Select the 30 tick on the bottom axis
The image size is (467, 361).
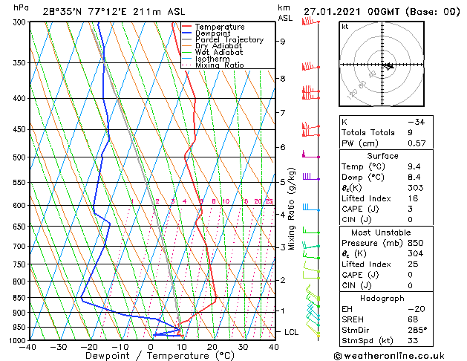point(243,347)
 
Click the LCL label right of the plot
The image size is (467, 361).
point(291,332)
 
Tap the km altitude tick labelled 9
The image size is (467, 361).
point(282,42)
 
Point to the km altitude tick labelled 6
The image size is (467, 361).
point(282,147)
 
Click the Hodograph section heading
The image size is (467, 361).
point(382,298)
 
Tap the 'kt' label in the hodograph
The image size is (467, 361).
point(344,26)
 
